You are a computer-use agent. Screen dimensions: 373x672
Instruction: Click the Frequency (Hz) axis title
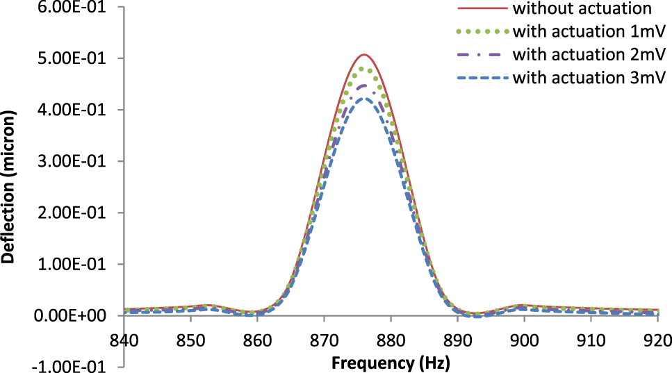(x=391, y=362)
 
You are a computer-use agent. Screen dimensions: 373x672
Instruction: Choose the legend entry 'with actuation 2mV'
(x=589, y=54)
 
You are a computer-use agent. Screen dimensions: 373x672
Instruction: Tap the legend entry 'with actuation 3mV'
(x=589, y=77)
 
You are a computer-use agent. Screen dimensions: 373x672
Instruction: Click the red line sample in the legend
(x=483, y=9)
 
